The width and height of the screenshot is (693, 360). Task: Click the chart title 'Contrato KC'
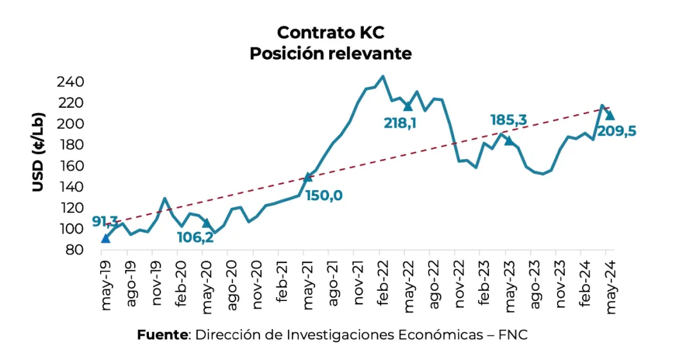(x=330, y=32)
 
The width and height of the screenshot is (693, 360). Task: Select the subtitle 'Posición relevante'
(x=330, y=53)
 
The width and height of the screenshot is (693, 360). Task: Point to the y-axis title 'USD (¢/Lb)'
(x=38, y=153)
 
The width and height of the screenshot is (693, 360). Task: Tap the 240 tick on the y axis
(x=71, y=82)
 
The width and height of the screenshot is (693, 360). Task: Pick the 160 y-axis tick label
(x=71, y=166)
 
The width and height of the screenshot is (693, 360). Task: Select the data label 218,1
(x=400, y=123)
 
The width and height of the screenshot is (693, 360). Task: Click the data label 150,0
(x=323, y=195)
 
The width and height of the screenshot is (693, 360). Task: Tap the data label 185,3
(x=509, y=120)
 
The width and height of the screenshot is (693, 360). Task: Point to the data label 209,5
(x=617, y=131)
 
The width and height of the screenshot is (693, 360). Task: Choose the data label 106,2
(x=195, y=237)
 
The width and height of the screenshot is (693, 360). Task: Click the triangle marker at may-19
(x=105, y=239)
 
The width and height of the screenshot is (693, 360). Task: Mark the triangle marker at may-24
(x=610, y=116)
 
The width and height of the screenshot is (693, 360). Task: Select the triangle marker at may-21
(x=307, y=177)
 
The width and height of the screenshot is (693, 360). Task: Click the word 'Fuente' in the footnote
(x=162, y=335)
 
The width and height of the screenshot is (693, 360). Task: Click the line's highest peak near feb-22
(x=382, y=76)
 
